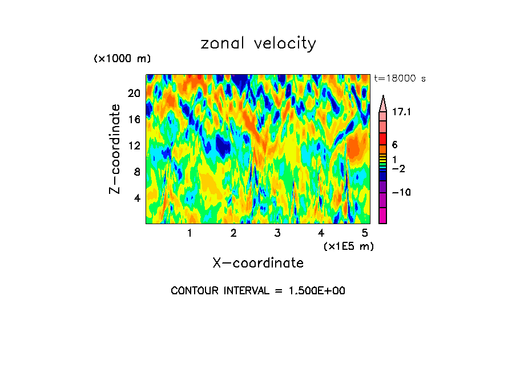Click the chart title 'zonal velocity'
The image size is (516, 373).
pos(258,43)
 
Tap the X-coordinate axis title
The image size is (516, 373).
pos(258,263)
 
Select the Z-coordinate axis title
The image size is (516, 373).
pos(115,149)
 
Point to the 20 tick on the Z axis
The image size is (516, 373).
pos(134,94)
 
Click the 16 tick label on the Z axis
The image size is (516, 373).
pos(134,120)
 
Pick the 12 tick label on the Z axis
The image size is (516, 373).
pos(134,145)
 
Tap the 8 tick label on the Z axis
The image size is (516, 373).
pos(136,172)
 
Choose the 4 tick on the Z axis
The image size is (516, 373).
pos(136,198)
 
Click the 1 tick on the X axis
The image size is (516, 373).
pos(190,233)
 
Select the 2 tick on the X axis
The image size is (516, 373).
pos(233,233)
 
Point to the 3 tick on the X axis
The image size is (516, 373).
pos(277,233)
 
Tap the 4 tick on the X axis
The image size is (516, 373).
pos(321,233)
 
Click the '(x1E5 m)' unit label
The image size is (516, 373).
pos(348,246)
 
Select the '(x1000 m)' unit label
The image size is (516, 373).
pos(122,59)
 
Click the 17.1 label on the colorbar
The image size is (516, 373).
pos(401,113)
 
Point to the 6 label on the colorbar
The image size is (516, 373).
pos(394,145)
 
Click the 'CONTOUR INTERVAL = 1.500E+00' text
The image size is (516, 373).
pos(258,291)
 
